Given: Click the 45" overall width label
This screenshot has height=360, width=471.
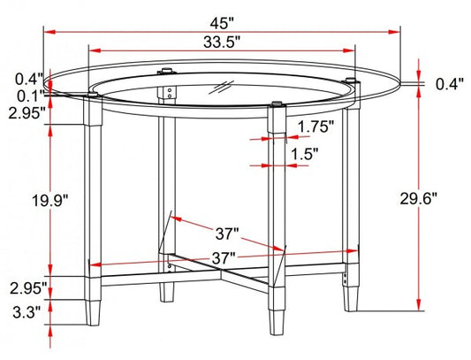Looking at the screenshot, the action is pos(222,24).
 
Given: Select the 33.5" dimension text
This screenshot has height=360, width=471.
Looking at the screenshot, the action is pos(222,42).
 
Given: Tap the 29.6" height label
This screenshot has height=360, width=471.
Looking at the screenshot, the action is pos(418,199).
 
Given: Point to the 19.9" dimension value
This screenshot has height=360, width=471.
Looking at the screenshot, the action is pos(50,201).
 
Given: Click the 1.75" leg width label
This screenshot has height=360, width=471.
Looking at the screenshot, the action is pos(315,126).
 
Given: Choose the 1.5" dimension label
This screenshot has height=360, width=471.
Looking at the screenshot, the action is pos(305,154).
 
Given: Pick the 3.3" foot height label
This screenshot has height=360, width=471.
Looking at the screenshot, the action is pos(27,312).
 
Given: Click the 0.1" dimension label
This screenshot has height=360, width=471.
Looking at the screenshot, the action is pos(30,96).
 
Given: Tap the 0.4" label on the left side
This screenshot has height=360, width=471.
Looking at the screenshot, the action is pos(29,79).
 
